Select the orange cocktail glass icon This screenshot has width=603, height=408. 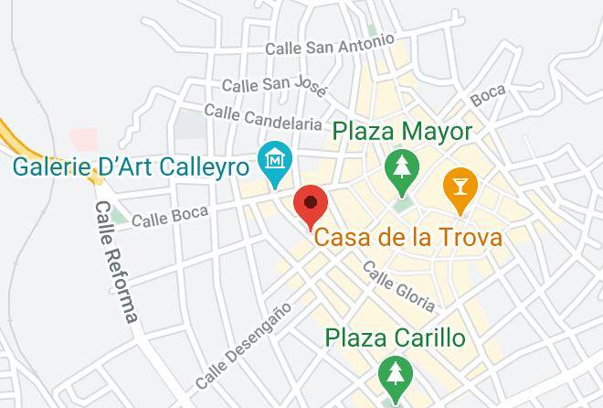tap(459, 186)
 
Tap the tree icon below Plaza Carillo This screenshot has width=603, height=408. tap(395, 374)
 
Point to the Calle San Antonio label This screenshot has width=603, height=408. tap(329, 45)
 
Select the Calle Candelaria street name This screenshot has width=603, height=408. tap(263, 116)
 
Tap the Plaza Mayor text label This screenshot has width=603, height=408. tap(402, 132)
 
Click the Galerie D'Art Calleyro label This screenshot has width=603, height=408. tap(132, 167)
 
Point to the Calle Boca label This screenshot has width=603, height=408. tap(170, 217)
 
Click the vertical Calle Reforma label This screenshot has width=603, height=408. tap(116, 262)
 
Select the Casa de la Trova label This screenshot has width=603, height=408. tap(408, 239)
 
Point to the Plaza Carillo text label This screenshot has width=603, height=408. tap(396, 338)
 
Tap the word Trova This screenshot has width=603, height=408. tap(472, 239)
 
